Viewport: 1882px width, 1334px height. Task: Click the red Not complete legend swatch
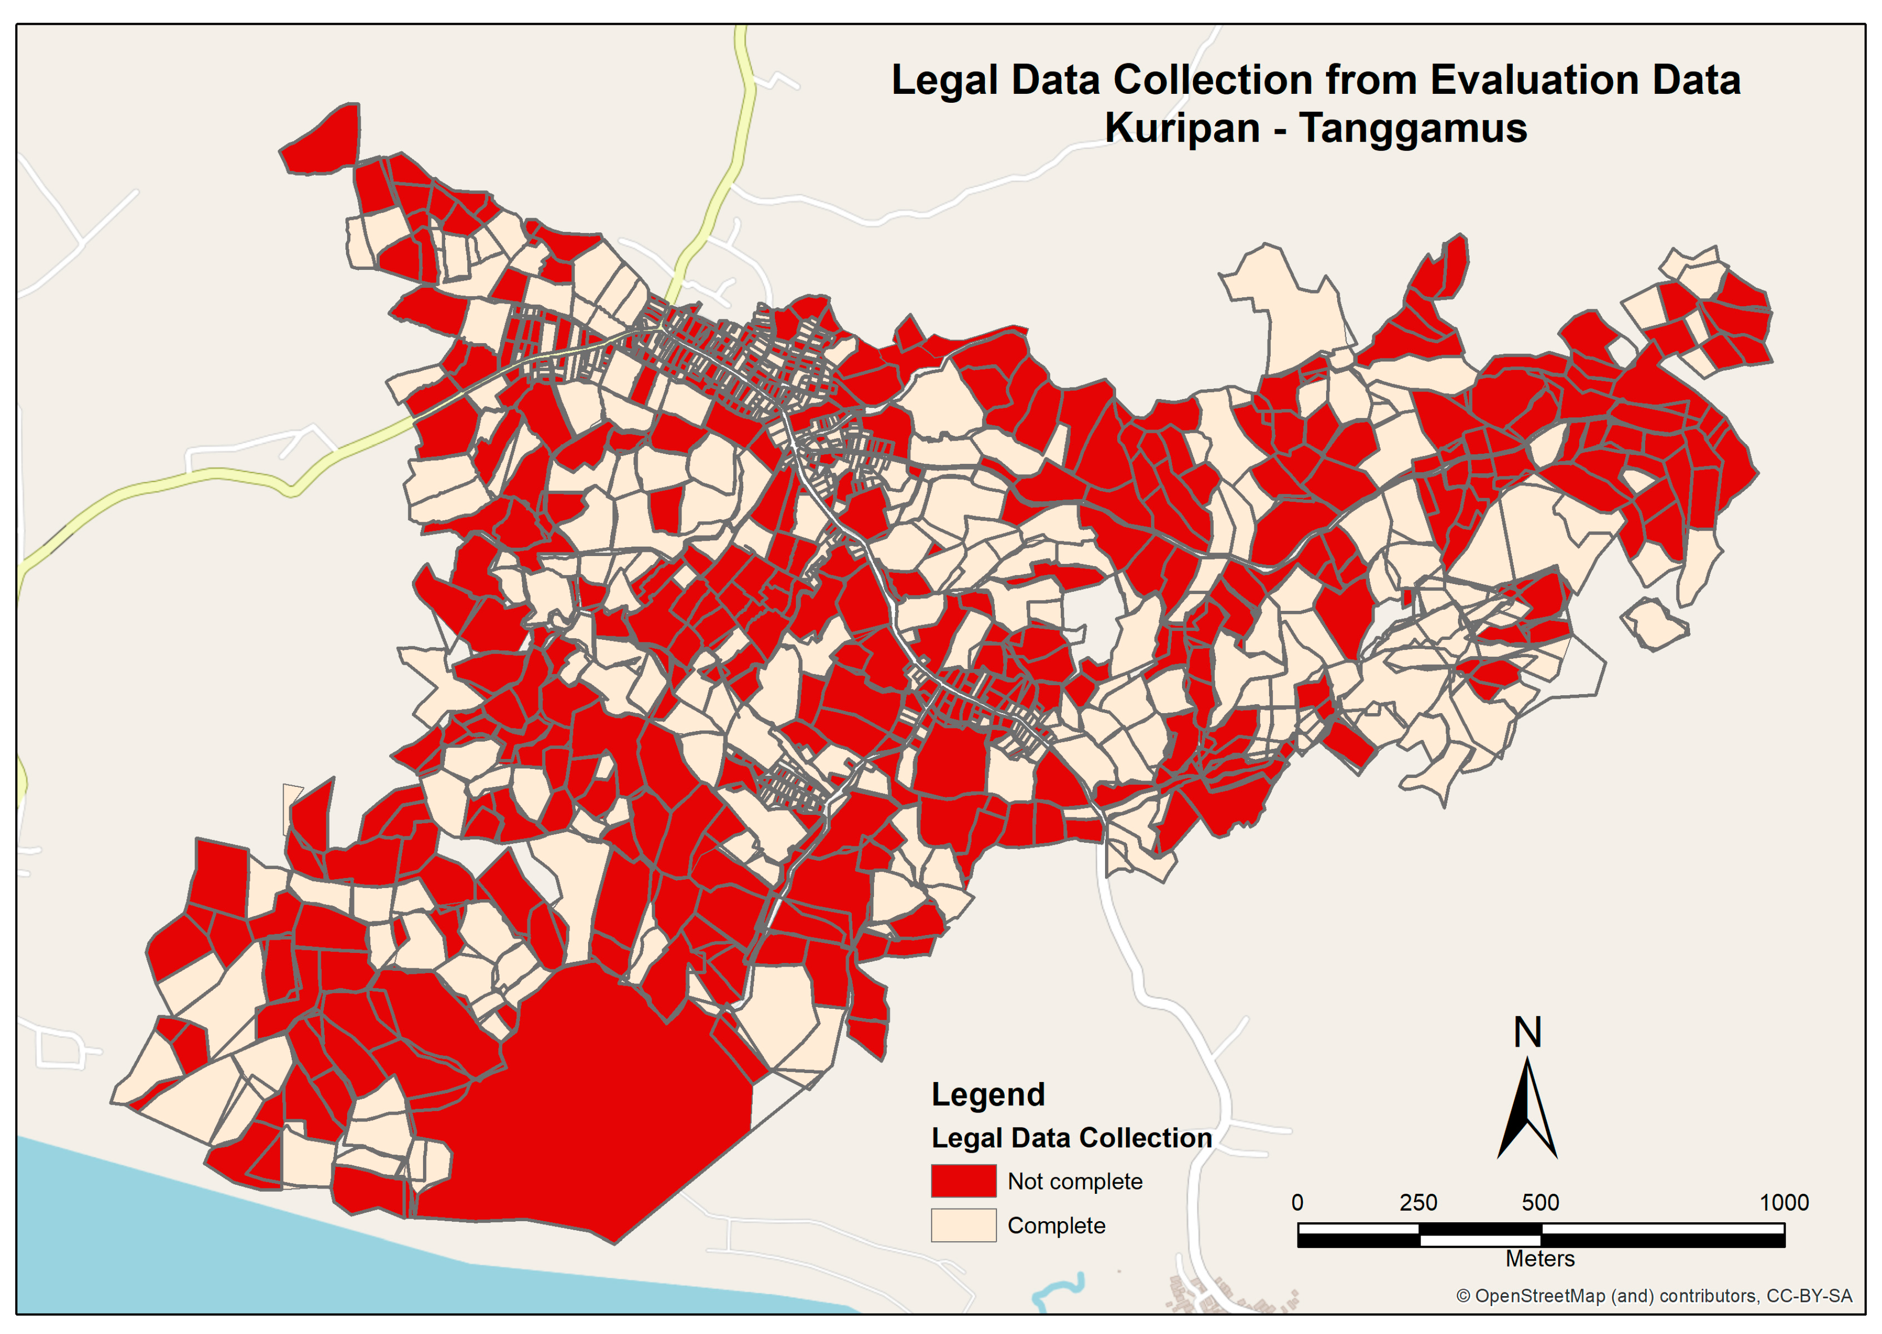pyautogui.click(x=963, y=1181)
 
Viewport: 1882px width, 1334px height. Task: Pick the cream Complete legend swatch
pyautogui.click(x=963, y=1225)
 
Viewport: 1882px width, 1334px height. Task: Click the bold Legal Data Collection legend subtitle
pyautogui.click(x=1071, y=1138)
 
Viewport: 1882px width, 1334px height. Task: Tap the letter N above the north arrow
pyautogui.click(x=1527, y=1033)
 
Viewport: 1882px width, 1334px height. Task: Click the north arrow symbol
pyautogui.click(x=1527, y=1109)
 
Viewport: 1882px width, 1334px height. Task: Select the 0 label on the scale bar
pyautogui.click(x=1297, y=1203)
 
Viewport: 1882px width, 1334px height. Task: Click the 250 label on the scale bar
pyautogui.click(x=1418, y=1203)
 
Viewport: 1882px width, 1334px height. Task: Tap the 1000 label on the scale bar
pyautogui.click(x=1783, y=1203)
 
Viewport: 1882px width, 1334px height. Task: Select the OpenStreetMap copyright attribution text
pyautogui.click(x=1654, y=1296)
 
